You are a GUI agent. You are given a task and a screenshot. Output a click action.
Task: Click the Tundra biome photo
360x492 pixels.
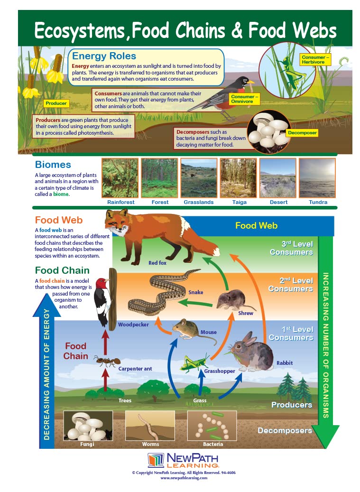point(317,178)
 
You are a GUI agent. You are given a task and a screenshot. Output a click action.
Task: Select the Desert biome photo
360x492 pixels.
point(278,178)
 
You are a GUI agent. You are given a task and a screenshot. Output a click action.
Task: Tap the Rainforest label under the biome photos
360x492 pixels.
point(121,202)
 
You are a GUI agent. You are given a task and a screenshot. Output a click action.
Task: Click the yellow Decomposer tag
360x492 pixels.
point(302,133)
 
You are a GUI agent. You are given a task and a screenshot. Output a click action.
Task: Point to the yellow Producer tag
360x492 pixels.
point(56,103)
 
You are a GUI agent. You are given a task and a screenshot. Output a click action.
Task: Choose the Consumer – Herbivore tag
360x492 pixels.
point(315,60)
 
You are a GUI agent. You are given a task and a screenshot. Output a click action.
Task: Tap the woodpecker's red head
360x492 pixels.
point(102,283)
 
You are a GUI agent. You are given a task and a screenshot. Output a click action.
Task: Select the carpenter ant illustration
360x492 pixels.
point(107,361)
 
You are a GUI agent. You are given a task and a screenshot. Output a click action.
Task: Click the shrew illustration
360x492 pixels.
point(234,300)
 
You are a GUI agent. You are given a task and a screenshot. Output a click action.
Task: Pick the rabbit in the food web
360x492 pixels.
point(251,352)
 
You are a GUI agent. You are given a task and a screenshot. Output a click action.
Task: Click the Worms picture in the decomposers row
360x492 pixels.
point(150,426)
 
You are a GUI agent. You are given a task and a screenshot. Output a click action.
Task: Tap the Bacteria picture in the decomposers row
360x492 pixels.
point(212,426)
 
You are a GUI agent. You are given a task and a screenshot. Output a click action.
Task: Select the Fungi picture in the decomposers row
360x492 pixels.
point(88,426)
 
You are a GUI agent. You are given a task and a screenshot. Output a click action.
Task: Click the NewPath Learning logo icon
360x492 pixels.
point(156,460)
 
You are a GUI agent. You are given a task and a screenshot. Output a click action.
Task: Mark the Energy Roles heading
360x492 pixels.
point(104,56)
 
